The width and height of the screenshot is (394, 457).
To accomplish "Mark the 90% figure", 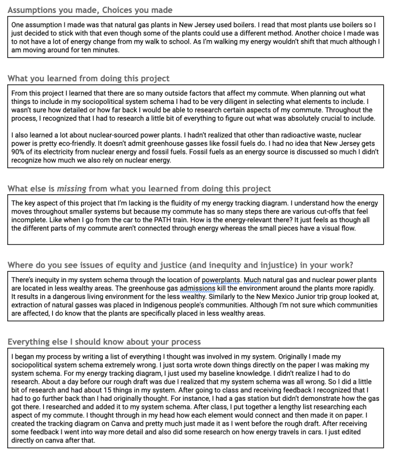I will tap(20, 152).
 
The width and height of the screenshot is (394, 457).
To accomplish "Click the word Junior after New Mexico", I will tap(229, 296).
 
